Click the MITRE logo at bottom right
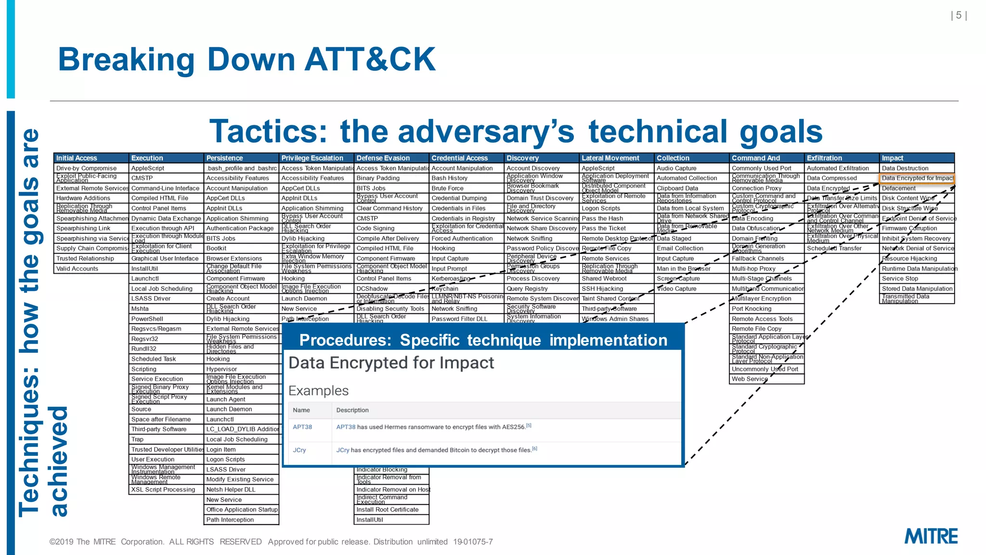tap(931, 536)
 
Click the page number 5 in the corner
tap(959, 15)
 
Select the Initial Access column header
tap(77, 158)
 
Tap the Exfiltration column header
tap(824, 158)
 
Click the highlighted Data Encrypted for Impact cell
tap(917, 178)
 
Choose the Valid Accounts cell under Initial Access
tap(77, 269)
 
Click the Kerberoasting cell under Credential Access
tap(451, 278)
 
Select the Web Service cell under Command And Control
tap(750, 379)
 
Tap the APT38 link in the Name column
tap(302, 427)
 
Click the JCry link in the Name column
tap(299, 450)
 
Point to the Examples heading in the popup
tap(318, 391)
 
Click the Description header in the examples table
tap(352, 410)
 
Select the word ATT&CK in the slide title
tap(370, 59)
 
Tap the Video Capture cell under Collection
tap(676, 289)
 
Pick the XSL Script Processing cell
tap(163, 489)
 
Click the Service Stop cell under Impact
tap(900, 278)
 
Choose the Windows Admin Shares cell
tap(615, 319)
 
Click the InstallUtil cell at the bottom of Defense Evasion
tap(370, 520)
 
